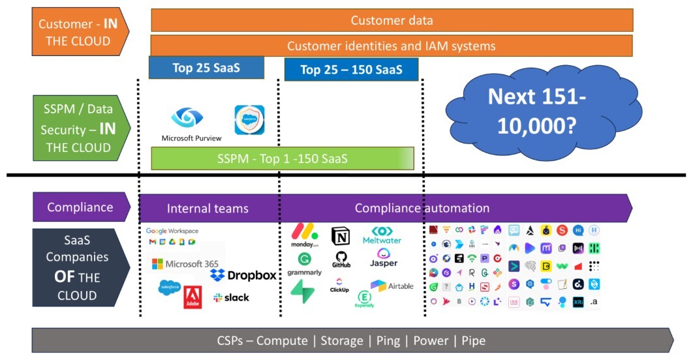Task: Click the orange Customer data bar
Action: [392, 20]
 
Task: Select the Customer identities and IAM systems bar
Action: [392, 46]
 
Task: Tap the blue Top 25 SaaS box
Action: [206, 68]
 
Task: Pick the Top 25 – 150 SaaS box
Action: [351, 70]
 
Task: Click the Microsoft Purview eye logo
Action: [187, 117]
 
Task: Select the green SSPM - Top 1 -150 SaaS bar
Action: [282, 158]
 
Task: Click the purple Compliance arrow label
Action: [81, 207]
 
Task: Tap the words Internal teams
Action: [208, 209]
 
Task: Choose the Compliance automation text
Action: [422, 209]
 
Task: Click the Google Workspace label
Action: [172, 231]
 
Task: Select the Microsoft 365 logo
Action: [185, 263]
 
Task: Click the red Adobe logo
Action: [192, 297]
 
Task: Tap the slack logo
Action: [231, 298]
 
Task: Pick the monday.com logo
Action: [305, 235]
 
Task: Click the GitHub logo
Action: [341, 260]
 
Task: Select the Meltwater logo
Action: [382, 235]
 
